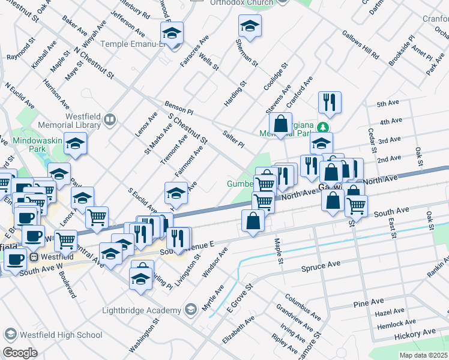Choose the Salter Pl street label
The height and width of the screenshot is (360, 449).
click(x=233, y=140)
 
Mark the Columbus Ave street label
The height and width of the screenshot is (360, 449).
click(x=303, y=306)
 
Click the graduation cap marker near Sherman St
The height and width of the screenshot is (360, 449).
click(x=250, y=27)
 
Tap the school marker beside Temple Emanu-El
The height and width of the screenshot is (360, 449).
click(x=172, y=34)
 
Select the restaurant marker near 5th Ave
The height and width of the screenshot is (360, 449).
click(x=330, y=103)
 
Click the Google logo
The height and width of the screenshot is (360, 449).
click(x=20, y=353)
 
